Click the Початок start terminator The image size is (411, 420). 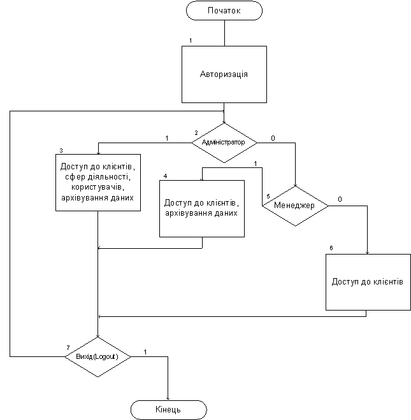coord(224,10)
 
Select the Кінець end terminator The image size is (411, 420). coord(169,410)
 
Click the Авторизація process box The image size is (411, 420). coord(224,74)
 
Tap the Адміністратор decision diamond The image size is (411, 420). coord(224,143)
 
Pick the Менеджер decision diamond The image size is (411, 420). coord(296,206)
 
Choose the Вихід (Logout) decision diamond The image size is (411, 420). coord(97,357)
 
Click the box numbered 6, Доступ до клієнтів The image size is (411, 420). coord(368,282)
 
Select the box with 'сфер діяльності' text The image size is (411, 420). coord(98,183)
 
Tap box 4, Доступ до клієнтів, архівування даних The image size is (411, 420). coord(202,208)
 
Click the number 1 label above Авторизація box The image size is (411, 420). coord(191,41)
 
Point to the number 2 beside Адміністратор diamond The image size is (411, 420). coord(196,133)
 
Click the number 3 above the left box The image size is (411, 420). coord(61,151)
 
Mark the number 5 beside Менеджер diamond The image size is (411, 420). coord(268,197)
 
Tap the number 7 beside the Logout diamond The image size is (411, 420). coord(68,347)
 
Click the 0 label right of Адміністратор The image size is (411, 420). coord(273,138)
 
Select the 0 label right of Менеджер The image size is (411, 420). coord(340,199)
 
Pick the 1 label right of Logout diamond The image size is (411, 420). coord(145,352)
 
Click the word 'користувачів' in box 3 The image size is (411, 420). coord(97,187)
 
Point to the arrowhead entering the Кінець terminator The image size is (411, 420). coord(168,399)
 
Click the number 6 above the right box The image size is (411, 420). coord(331,248)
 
